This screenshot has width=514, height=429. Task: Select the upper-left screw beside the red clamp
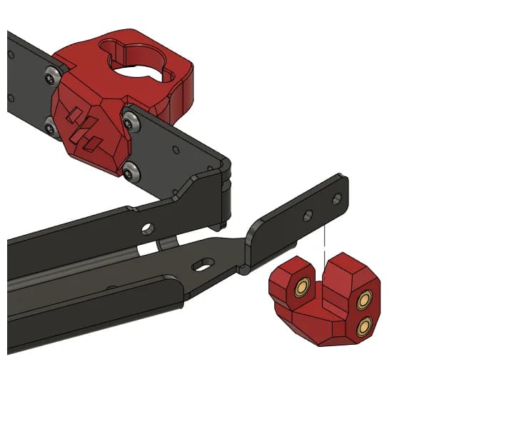(51, 74)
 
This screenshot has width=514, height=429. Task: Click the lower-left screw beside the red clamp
(49, 128)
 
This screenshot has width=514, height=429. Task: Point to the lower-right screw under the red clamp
(130, 171)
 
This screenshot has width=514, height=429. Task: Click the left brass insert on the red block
(302, 286)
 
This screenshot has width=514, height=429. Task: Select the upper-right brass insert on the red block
(366, 299)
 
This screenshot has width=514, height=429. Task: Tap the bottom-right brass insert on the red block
(364, 327)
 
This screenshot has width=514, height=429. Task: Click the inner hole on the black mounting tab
(307, 214)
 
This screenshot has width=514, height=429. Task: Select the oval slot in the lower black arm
(203, 264)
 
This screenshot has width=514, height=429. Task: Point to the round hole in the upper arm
(147, 228)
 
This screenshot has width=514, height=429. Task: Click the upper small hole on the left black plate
(11, 53)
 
